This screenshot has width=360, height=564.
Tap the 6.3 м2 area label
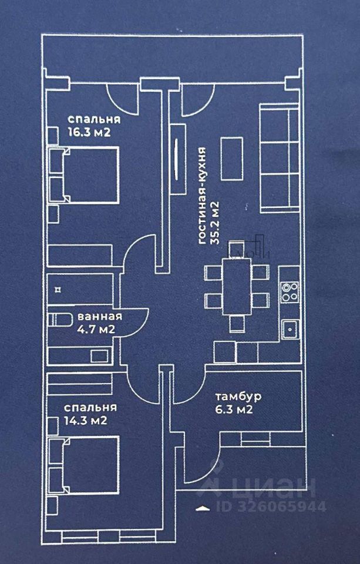click(x=234, y=410)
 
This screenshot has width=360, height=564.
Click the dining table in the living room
click(x=237, y=286)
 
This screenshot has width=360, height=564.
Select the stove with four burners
click(x=290, y=292)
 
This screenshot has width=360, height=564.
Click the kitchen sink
click(x=290, y=328)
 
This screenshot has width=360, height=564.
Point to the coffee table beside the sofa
click(x=231, y=158)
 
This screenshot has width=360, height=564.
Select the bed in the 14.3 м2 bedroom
click(x=85, y=464)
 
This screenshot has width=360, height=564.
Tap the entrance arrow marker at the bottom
click(x=203, y=506)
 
